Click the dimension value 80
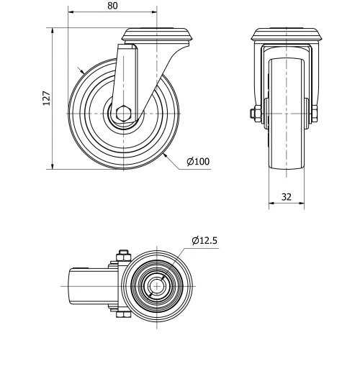click(112, 6)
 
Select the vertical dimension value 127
click(46, 99)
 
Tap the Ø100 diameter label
click(198, 161)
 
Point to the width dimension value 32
click(287, 197)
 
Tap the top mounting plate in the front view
click(286, 35)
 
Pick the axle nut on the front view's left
click(256, 114)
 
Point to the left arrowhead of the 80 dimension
click(72, 13)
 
